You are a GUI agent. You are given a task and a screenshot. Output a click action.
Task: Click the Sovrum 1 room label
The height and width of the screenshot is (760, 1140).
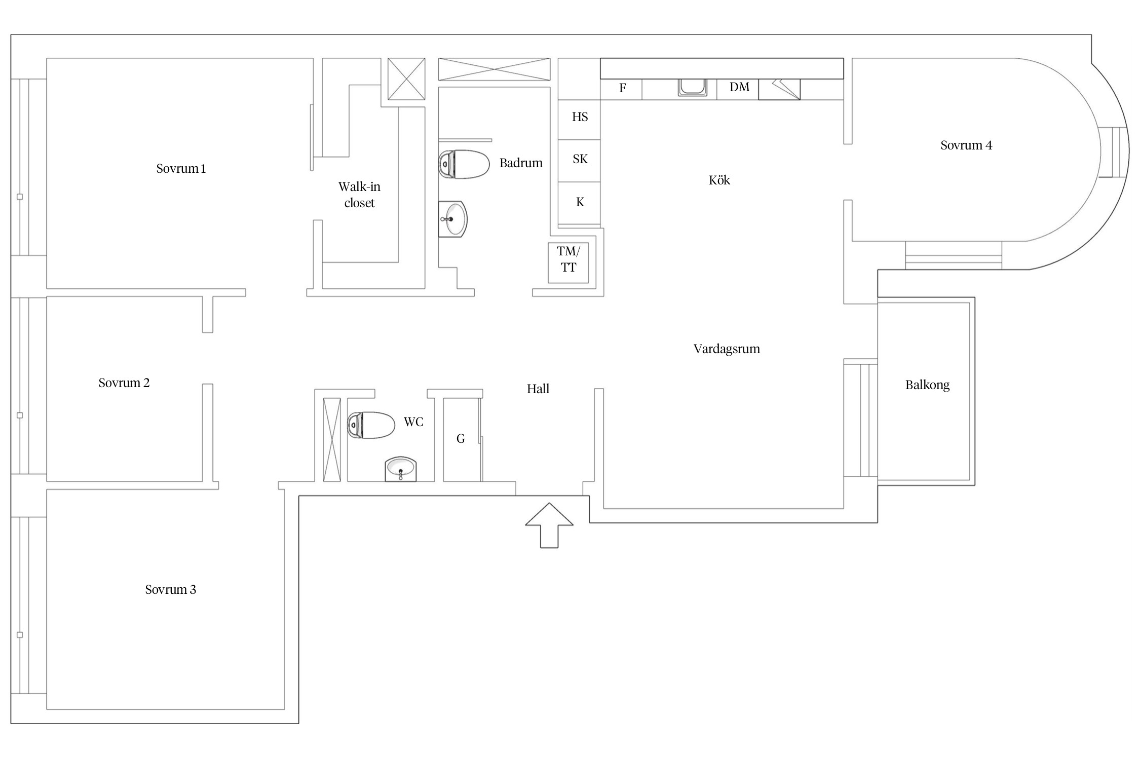point(181,169)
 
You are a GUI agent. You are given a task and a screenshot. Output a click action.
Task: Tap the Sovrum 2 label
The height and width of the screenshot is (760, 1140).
point(124,383)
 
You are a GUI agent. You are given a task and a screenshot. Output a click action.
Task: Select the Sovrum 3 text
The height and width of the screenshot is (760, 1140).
point(170,590)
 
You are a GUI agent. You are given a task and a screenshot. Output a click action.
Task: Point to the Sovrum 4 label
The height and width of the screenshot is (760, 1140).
point(966,145)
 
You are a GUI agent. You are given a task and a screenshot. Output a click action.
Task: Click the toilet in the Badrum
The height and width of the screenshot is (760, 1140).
point(464,164)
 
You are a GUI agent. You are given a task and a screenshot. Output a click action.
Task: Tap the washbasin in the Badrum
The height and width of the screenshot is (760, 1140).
point(452,219)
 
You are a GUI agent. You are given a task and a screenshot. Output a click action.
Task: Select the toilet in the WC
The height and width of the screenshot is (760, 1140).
point(371,425)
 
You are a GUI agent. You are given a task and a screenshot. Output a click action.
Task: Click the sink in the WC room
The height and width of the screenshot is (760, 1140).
point(401,469)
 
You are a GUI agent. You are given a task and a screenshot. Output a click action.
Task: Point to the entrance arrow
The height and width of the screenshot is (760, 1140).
point(549,525)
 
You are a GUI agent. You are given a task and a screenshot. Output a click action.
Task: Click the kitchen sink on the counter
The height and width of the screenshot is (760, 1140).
point(693,87)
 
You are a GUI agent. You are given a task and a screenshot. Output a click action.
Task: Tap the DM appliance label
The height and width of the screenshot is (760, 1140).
point(739,87)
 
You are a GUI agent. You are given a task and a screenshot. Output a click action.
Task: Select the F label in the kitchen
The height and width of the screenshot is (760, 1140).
point(623,88)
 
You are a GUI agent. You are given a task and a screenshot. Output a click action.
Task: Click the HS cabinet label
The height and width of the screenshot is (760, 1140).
point(580,117)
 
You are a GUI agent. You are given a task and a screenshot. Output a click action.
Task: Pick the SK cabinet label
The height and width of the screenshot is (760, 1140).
point(580,159)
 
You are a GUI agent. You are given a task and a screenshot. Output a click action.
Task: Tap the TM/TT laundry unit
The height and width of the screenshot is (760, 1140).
point(568,263)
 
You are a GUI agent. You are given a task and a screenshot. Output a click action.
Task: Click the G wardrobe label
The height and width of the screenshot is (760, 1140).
point(461,439)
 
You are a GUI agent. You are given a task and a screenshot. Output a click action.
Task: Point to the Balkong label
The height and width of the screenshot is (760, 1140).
point(927,385)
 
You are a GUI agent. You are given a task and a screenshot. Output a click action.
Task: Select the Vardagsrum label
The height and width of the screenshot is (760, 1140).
point(727,349)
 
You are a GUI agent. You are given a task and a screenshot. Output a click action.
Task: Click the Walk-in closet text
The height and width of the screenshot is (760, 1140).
point(359,195)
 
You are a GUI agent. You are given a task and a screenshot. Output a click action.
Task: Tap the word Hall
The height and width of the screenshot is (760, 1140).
point(538,389)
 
